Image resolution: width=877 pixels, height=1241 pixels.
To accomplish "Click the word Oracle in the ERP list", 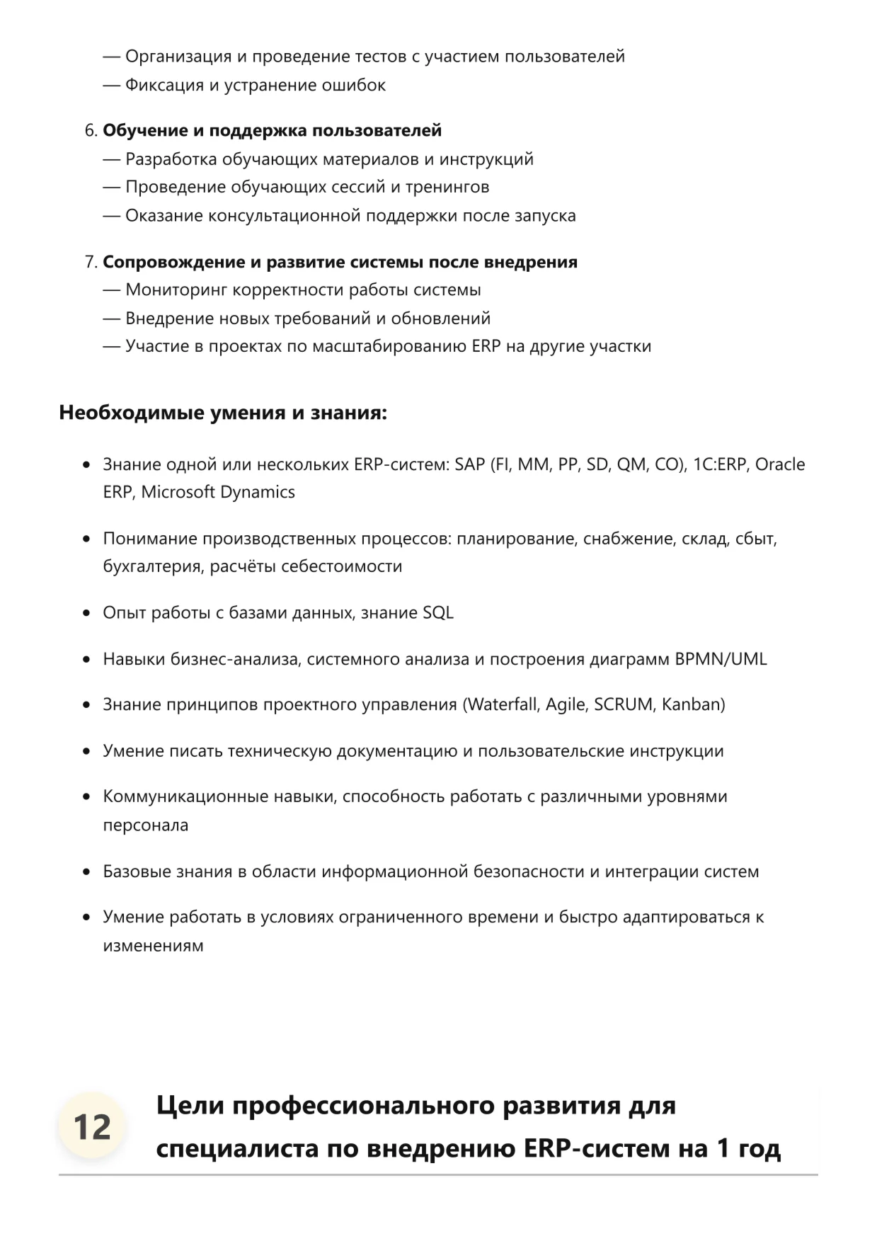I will pyautogui.click(x=779, y=464).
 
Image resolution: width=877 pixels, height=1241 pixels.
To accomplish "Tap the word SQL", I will pyautogui.click(x=437, y=613).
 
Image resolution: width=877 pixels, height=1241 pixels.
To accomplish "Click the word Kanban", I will pyautogui.click(x=693, y=705).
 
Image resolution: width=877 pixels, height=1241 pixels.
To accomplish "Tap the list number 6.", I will pyautogui.click(x=90, y=131).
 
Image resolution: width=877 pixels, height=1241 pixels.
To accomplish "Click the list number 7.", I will pyautogui.click(x=90, y=263).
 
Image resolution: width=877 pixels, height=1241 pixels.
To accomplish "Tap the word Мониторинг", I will pyautogui.click(x=176, y=290).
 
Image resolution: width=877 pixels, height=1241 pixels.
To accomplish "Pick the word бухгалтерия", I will pyautogui.click(x=153, y=567).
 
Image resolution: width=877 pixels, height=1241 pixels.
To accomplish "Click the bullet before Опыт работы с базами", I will pyautogui.click(x=86, y=613).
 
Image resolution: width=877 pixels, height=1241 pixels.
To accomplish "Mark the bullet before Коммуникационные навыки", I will pyautogui.click(x=86, y=797).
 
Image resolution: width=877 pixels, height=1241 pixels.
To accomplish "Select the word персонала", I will pyautogui.click(x=145, y=825).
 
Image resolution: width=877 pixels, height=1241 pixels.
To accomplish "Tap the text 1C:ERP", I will pyautogui.click(x=720, y=464).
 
